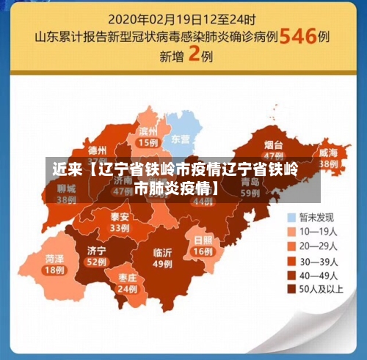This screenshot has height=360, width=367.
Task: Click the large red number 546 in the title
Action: point(297,35)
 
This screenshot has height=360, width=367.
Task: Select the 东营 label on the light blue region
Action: point(180,139)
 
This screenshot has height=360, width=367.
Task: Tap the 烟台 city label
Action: point(273,144)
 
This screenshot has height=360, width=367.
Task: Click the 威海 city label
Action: point(328,153)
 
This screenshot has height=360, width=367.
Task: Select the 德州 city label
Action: point(97,150)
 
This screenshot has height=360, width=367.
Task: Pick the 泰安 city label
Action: point(119,217)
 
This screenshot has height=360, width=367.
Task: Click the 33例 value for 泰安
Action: point(119,228)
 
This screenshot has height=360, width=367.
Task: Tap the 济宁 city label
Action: point(96,250)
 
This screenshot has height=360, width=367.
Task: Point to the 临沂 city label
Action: point(162,253)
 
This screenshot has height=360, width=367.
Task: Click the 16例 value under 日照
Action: point(203,251)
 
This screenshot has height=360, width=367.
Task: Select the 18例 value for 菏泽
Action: point(54,270)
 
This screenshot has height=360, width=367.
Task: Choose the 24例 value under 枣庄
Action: point(127,289)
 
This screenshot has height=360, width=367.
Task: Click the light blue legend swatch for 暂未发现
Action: point(292,217)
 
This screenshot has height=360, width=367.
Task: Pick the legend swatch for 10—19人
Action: point(292,231)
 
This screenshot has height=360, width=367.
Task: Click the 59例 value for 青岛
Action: point(250,192)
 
